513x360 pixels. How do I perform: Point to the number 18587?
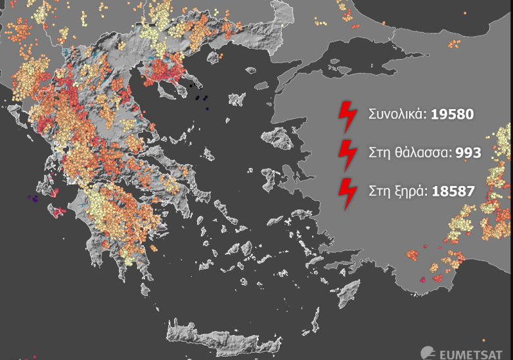(452, 192)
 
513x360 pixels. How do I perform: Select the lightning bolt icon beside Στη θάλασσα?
(346, 155)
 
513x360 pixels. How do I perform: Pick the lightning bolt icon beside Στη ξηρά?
(346, 194)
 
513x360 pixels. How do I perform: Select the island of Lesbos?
(279, 140)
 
